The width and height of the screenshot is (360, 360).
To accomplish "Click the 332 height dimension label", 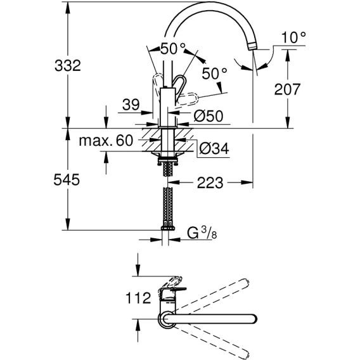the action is pos(68,65).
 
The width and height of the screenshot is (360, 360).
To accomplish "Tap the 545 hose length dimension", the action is pos(67,179).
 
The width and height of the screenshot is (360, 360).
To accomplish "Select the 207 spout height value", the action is pos(287,89).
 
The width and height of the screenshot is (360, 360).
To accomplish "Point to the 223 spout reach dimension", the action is pos(210,183).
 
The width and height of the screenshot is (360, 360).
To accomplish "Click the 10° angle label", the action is pos(293,37).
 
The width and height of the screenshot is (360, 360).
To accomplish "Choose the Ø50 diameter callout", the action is pos(209,116).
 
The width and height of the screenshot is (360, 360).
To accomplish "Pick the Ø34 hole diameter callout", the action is pos(214,148).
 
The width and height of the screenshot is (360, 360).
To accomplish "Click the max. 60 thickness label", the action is pos(106,141).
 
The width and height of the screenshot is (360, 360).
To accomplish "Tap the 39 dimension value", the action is pos(131,105).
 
